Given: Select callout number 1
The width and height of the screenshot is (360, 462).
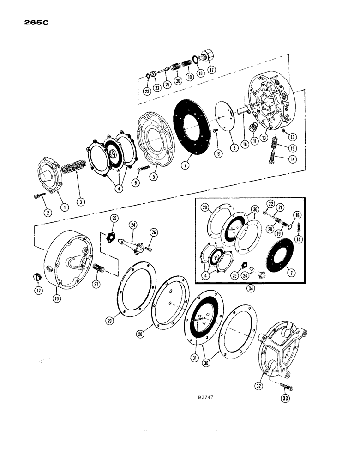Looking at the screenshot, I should (x=64, y=207).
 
